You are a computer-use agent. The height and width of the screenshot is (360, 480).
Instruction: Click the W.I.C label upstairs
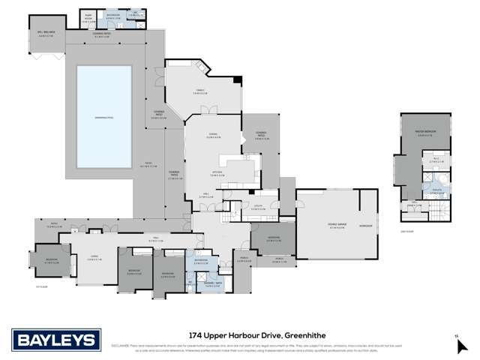[x=436, y=160]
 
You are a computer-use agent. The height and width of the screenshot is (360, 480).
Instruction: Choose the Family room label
[x=199, y=91]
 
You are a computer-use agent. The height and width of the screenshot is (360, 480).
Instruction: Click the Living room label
[x=94, y=256]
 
